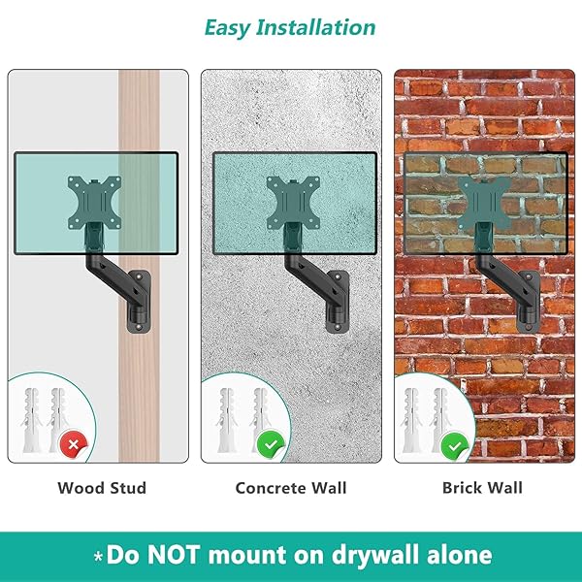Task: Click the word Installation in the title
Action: pos(316,27)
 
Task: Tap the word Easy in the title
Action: pos(227,28)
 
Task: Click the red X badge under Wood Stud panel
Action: pos(73,444)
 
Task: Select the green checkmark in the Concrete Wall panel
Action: pos(271,444)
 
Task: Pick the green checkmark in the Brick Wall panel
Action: pos(454,445)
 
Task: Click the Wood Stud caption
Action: pos(102,488)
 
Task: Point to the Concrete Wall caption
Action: pos(291,488)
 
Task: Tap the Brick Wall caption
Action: pos(482,487)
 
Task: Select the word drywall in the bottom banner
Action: pos(375,556)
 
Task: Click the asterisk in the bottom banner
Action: pos(98,557)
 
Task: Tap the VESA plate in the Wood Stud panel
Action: pos(94,203)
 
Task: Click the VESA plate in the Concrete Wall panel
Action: pos(293,203)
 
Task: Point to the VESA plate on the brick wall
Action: pos(485,203)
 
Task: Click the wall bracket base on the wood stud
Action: pos(139,301)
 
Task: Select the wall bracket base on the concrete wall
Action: pos(338,301)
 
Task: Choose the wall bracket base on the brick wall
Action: pos(529,301)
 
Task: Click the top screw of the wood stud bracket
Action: pos(139,276)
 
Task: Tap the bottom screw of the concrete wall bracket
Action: pos(338,327)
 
